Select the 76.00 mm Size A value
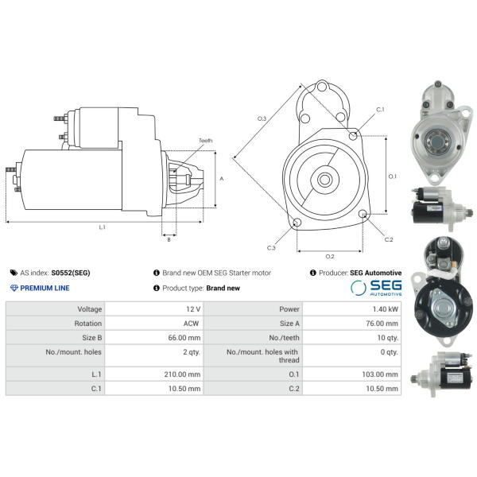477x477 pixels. tap(382, 324)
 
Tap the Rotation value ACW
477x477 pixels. tap(191, 324)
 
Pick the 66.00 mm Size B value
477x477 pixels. tap(184, 338)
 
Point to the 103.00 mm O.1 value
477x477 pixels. tap(380, 374)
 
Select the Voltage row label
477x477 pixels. tap(89, 309)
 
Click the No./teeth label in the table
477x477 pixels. tap(284, 338)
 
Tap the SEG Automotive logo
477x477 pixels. tap(376, 288)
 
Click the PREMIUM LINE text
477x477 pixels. tap(45, 288)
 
